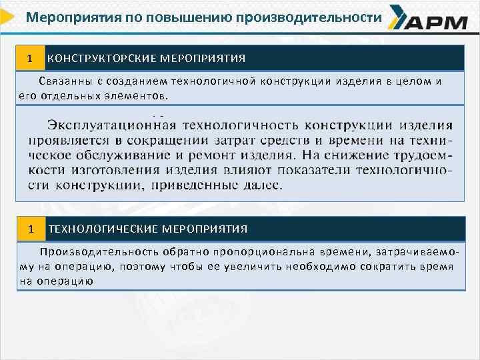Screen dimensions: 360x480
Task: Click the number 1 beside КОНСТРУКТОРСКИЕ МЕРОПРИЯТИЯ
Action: (x=29, y=58)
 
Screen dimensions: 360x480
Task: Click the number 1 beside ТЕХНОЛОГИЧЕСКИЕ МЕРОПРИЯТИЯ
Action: (x=30, y=229)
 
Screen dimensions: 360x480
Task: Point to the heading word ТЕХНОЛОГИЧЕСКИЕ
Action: (x=101, y=229)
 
